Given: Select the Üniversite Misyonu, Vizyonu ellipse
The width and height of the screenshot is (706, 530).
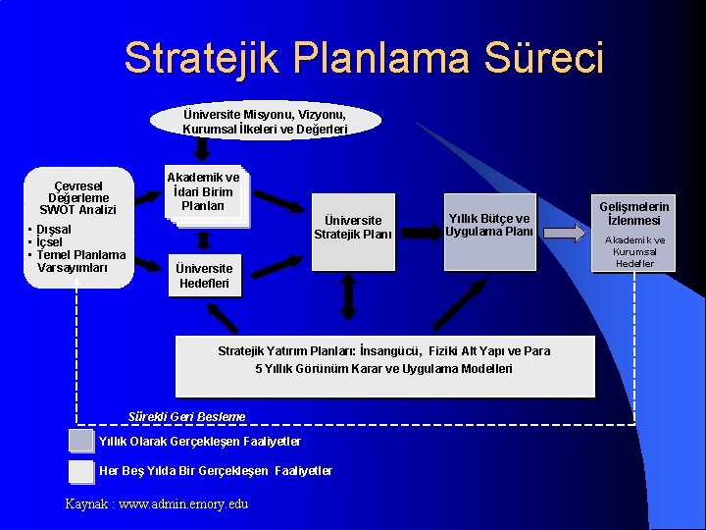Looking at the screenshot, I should (265, 122).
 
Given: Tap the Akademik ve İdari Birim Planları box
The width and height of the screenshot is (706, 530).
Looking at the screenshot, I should (203, 192).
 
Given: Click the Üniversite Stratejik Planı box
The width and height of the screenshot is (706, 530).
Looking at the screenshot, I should (352, 228).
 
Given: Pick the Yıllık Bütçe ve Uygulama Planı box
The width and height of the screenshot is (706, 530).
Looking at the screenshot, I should (488, 225).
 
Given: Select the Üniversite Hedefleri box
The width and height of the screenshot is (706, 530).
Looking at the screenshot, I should (204, 276).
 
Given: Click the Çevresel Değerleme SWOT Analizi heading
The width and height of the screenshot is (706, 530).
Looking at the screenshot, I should (77, 197).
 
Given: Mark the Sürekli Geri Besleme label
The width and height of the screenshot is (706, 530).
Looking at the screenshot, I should (186, 416).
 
